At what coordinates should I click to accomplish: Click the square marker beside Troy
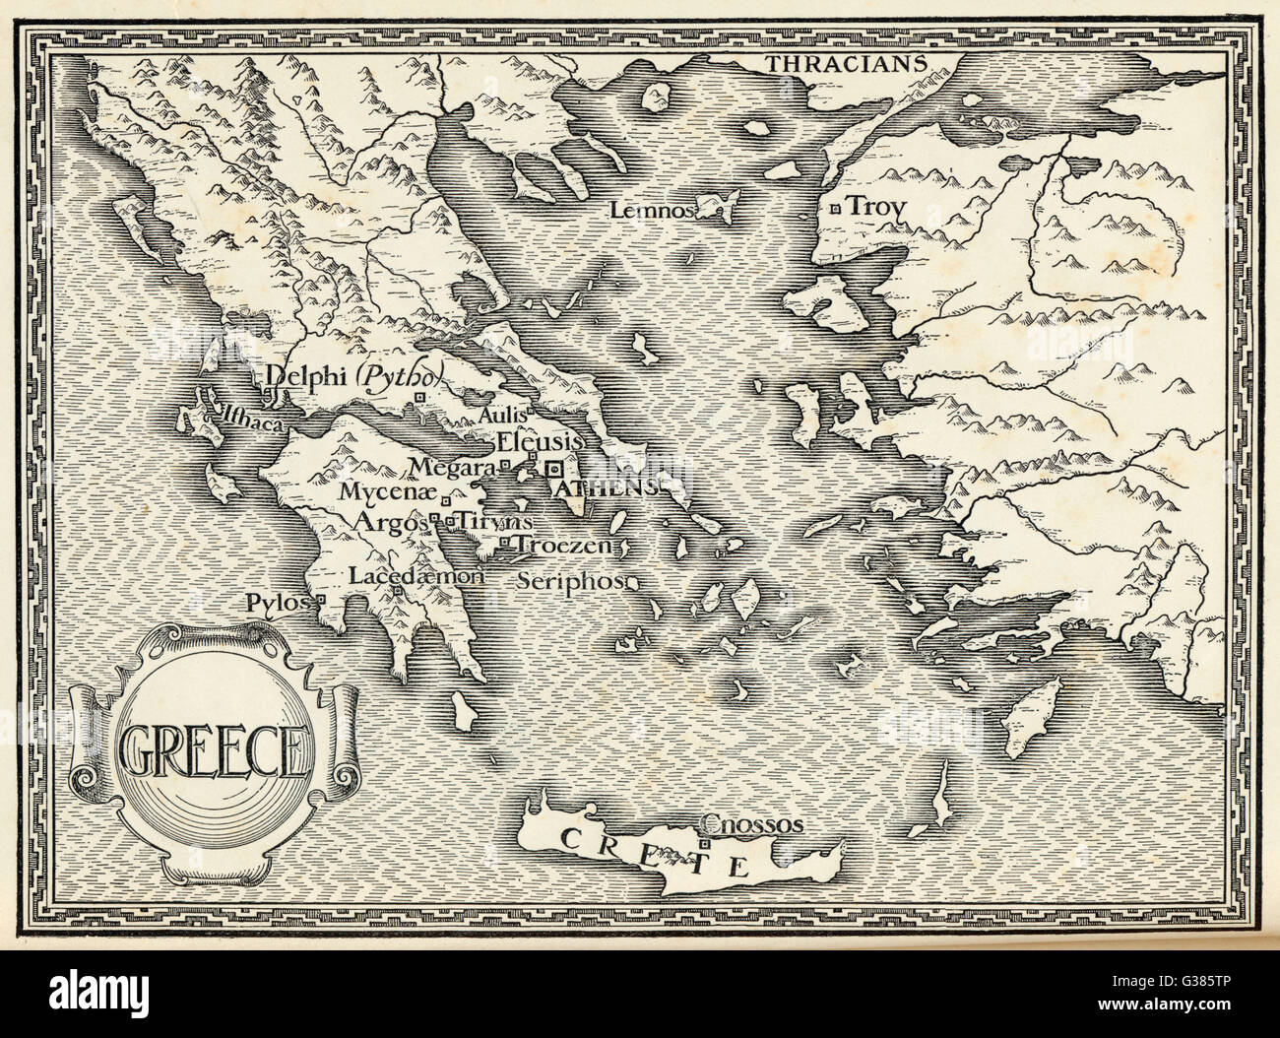click(835, 209)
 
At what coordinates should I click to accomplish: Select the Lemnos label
click(639, 210)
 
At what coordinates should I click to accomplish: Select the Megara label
click(453, 466)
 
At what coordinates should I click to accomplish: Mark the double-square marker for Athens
click(555, 470)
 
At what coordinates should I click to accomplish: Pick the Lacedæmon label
click(417, 576)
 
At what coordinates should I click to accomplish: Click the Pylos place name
click(279, 601)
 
